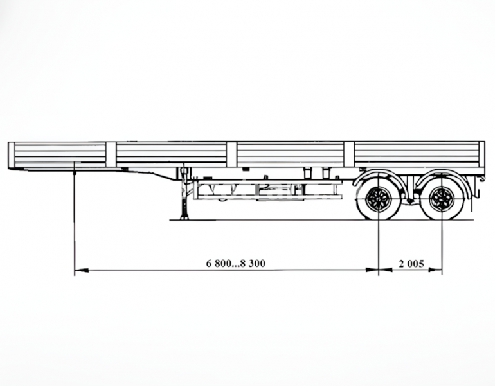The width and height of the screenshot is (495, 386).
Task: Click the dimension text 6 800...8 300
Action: [236, 263]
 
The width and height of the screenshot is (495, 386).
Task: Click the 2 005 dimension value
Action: [411, 263]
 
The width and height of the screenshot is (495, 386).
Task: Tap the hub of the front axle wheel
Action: [379, 199]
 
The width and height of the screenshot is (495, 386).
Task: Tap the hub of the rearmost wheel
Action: [442, 199]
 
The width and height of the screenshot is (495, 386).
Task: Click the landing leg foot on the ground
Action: [184, 217]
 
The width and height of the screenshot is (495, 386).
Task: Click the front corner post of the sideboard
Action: [12, 155]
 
